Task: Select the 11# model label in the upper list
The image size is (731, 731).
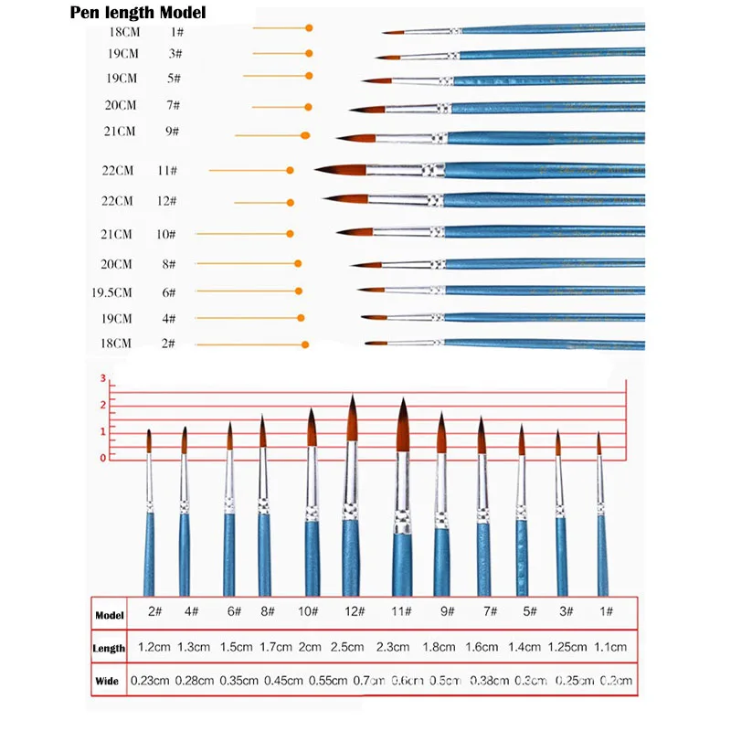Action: click(166, 171)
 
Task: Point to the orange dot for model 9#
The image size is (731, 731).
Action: click(305, 135)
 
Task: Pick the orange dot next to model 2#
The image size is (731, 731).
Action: click(303, 344)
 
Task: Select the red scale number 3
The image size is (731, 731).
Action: click(103, 378)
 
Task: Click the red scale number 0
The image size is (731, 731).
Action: click(103, 457)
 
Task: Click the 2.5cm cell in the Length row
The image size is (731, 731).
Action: click(348, 647)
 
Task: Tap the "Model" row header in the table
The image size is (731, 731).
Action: click(109, 615)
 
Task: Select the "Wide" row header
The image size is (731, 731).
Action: click(107, 681)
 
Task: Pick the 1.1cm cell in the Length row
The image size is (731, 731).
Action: click(610, 647)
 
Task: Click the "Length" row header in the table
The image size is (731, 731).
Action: click(109, 648)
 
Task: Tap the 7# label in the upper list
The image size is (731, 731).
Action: click(173, 106)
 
